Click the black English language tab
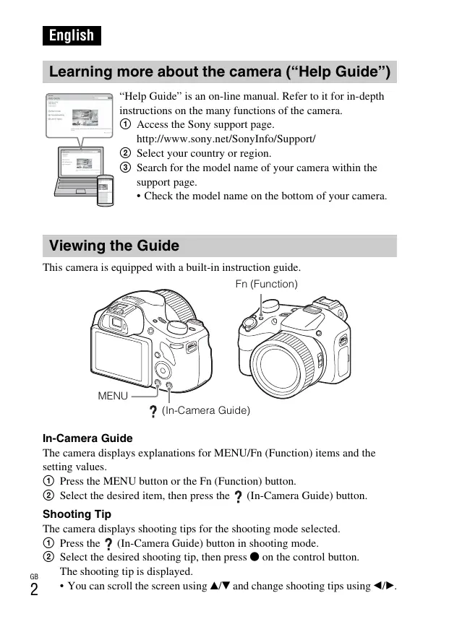pos(72,35)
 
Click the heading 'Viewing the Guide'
pos(114,246)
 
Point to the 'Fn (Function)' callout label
pos(266,284)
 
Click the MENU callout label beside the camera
pos(113,396)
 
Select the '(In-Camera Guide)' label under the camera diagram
pos(205,410)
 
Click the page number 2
pos(34,589)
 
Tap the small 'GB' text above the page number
pos(34,576)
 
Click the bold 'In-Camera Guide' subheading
pos(87,438)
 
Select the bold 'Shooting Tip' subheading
pos(77,514)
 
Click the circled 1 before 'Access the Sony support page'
pos(126,125)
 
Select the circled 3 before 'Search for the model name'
pos(126,168)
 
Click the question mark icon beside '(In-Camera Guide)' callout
pos(153,412)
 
